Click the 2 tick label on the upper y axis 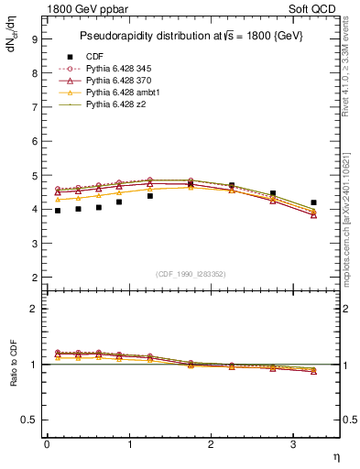tap(34, 277)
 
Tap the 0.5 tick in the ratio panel tap(30, 420)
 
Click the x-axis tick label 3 tap(292, 444)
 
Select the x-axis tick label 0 tap(47, 444)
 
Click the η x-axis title tap(335, 456)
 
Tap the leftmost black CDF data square tap(57, 211)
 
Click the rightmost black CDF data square tap(313, 202)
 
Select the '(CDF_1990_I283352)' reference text tap(191, 274)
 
